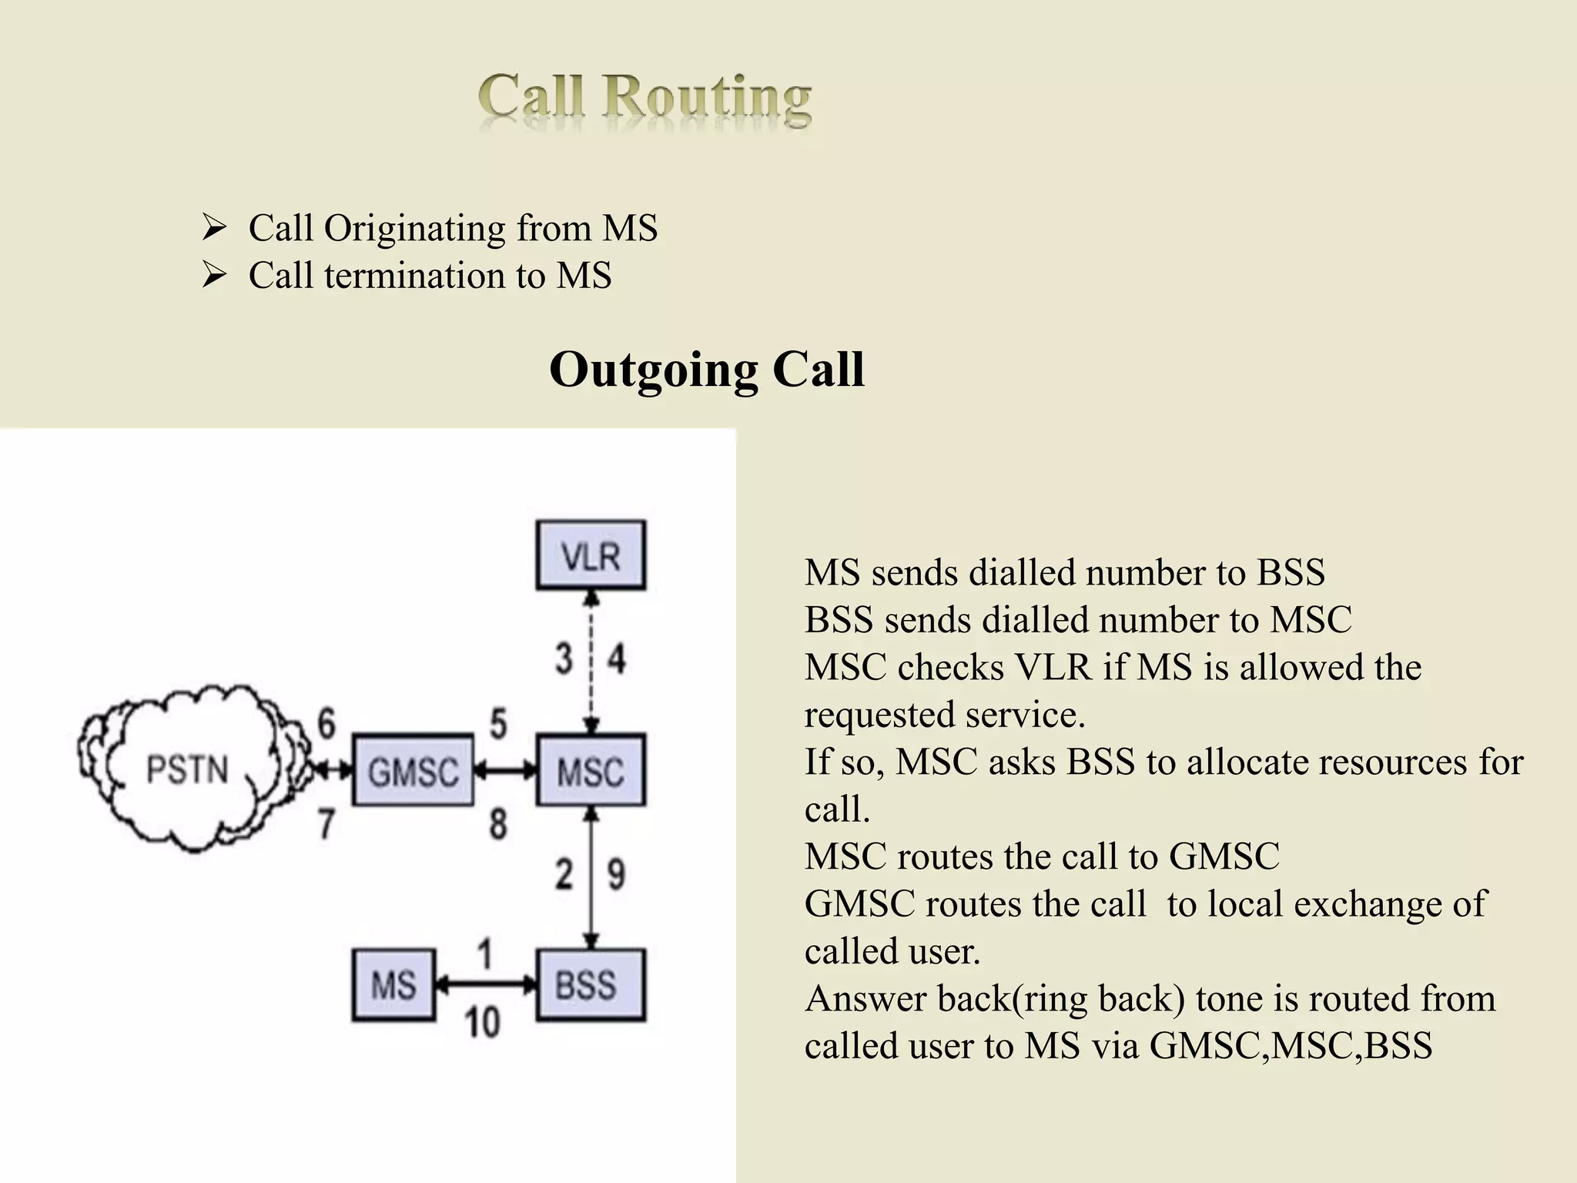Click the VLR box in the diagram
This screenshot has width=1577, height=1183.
pos(591,555)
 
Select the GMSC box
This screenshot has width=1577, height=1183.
pos(413,770)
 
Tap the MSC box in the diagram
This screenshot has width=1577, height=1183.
pos(591,770)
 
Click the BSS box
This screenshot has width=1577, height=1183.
pos(591,985)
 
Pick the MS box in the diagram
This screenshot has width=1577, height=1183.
pos(393,985)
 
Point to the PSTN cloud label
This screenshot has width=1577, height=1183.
pos(187,770)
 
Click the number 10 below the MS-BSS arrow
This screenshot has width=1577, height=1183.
pos(482,1023)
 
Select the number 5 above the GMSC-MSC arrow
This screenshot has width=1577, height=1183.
pos(498,725)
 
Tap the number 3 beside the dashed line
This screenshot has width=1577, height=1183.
pos(564,659)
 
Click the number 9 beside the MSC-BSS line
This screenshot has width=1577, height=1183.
pos(617,874)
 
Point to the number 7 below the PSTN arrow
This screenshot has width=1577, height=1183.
pos(326,823)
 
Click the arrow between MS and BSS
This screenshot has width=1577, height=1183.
pos(486,984)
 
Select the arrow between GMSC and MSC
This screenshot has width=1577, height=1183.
pos(505,769)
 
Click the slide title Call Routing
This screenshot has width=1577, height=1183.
pos(645,99)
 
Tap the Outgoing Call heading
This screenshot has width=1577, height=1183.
pos(706,370)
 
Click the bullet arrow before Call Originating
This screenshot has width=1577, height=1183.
pos(213,228)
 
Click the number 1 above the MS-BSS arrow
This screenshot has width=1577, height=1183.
pos(485,953)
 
